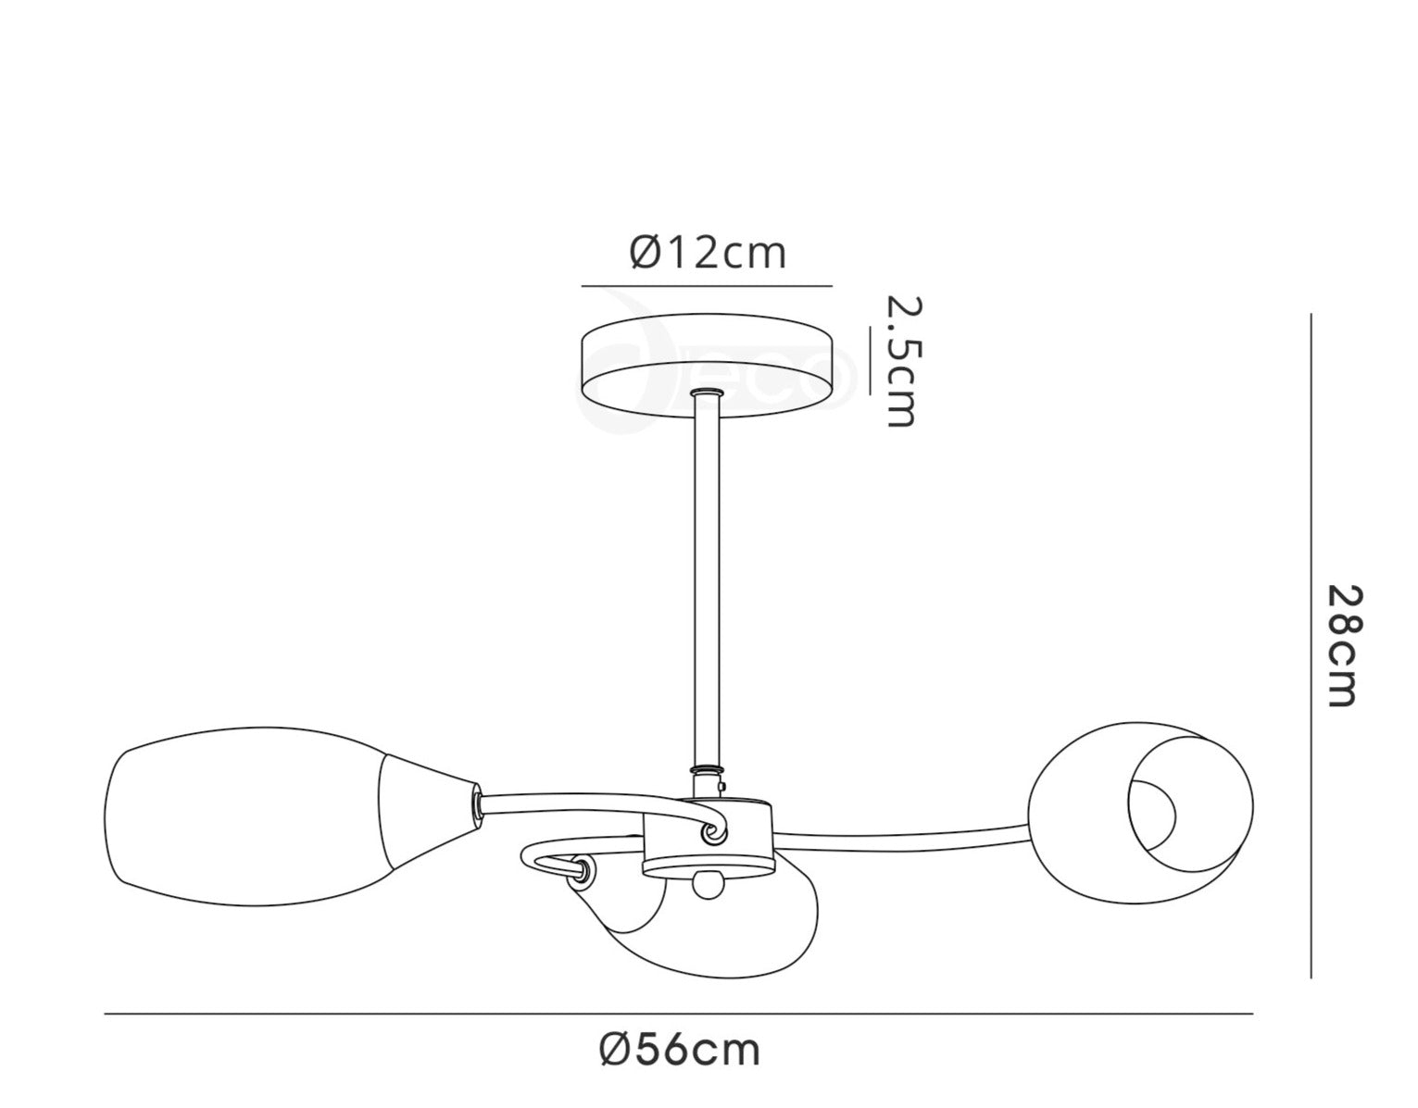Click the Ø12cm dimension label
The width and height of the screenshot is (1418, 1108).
point(709,252)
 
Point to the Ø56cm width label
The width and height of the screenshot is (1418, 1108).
point(680,1050)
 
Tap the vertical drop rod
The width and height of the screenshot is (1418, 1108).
point(707,583)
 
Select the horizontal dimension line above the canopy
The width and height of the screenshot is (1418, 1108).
point(707,285)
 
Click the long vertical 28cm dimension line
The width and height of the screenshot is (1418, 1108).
point(1311,645)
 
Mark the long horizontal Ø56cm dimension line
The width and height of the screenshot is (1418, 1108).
point(678,1015)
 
